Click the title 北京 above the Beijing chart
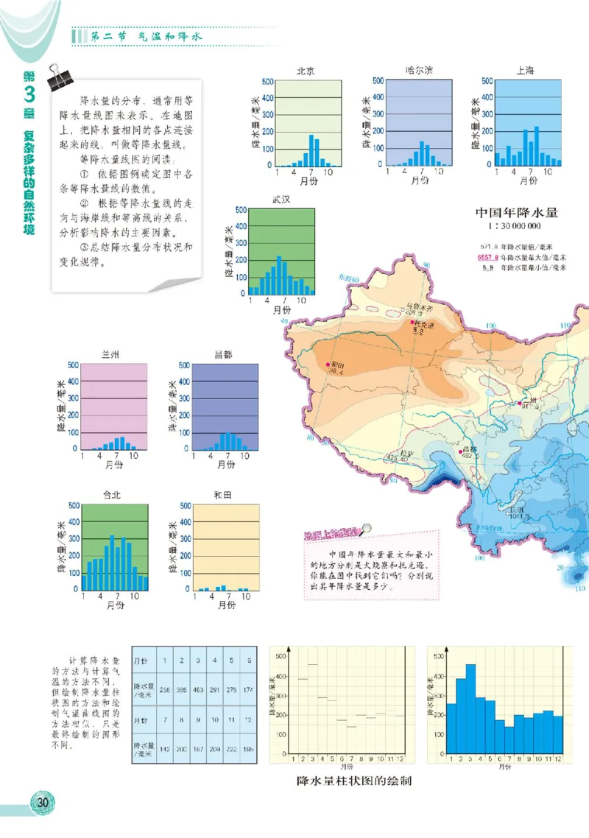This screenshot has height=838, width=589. click(x=306, y=71)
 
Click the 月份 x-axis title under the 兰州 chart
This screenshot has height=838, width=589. click(x=114, y=465)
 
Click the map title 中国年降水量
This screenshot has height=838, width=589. click(x=516, y=213)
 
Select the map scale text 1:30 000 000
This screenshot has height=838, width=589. click(x=516, y=227)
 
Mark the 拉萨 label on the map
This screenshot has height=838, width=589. click(x=407, y=453)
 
